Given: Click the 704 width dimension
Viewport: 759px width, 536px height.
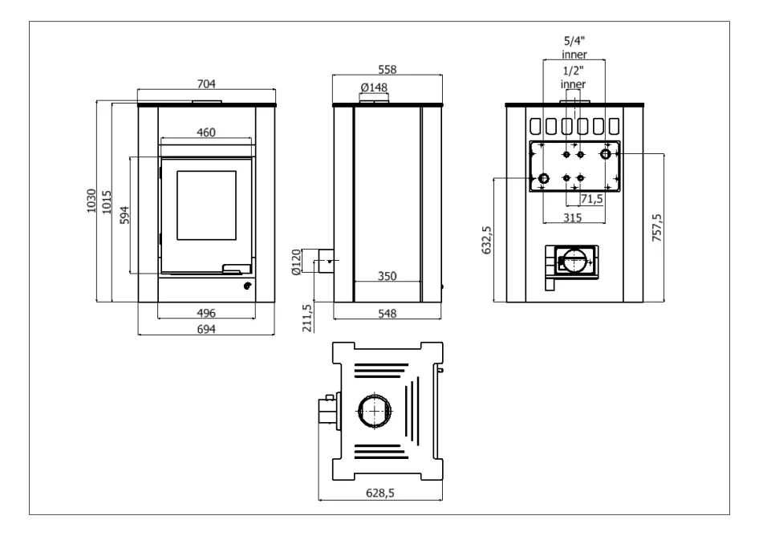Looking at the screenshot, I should click(x=208, y=83).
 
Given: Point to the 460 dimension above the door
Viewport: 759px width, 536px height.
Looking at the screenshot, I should click(x=206, y=132).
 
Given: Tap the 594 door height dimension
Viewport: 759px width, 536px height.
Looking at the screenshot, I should click(x=124, y=215).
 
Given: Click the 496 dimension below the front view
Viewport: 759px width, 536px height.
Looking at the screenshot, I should click(x=207, y=313).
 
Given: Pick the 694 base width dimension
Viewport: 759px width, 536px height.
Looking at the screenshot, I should click(x=207, y=329).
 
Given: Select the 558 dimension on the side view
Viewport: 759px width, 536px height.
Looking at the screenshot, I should click(x=388, y=70).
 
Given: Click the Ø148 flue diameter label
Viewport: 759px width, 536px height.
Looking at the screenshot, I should click(x=374, y=86).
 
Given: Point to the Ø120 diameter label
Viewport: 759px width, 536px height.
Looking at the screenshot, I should click(x=296, y=262).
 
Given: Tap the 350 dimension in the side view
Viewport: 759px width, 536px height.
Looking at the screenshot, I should click(x=388, y=276).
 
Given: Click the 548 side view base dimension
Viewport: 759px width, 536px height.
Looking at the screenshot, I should click(x=388, y=313).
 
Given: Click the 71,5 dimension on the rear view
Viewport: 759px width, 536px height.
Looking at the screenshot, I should click(x=592, y=198).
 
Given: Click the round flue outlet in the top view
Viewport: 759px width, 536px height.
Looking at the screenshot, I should click(x=375, y=412).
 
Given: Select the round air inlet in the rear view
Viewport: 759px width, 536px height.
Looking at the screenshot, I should click(x=573, y=262).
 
